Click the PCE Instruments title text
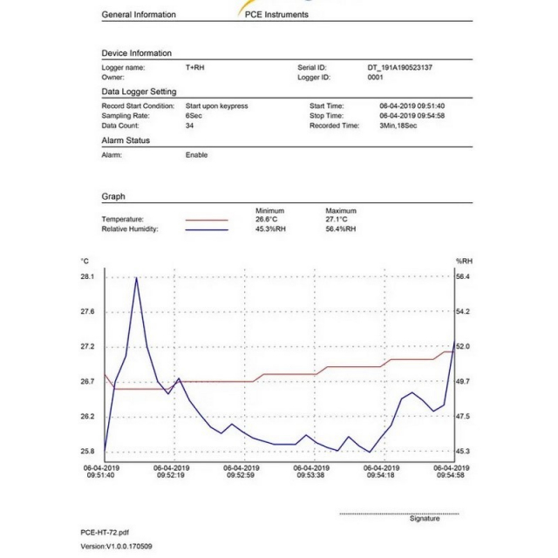tap(276, 15)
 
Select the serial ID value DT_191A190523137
tap(399, 68)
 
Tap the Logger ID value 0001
tap(375, 78)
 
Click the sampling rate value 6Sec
tap(194, 116)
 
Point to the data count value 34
tap(189, 126)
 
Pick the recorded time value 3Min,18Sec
tap(398, 126)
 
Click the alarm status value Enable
tap(196, 155)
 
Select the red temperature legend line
tap(207, 221)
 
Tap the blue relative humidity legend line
tap(207, 230)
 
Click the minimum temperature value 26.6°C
tap(266, 219)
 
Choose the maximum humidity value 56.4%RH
tap(341, 228)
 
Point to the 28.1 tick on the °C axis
tap(87, 276)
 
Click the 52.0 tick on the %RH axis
tap(463, 346)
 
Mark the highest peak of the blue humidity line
tap(136, 278)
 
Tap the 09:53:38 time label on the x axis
tap(310, 475)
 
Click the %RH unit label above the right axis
tap(464, 262)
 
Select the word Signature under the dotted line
tap(425, 519)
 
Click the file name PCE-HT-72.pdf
tap(105, 533)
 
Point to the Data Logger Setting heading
tap(139, 92)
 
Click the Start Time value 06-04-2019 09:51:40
tap(412, 106)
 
